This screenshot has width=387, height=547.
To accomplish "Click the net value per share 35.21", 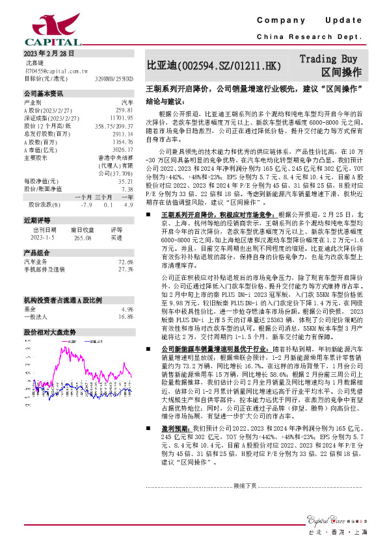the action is click(x=126, y=181).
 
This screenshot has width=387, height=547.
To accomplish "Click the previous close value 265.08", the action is click(x=83, y=237).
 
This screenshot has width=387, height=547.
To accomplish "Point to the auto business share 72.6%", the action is click(x=126, y=261).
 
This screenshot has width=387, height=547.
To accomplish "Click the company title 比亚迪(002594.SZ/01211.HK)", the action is click(x=214, y=66).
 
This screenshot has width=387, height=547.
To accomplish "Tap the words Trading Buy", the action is click(x=328, y=58).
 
